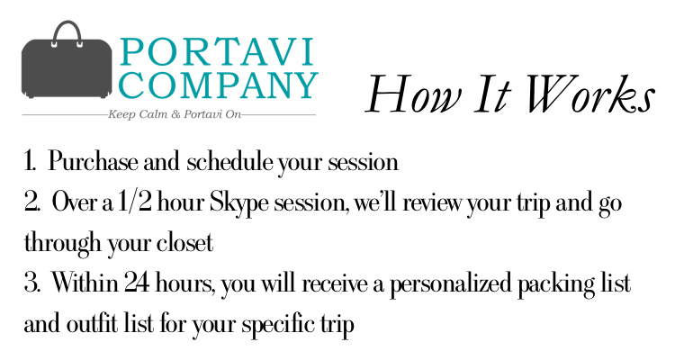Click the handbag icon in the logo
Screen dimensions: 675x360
[67, 60]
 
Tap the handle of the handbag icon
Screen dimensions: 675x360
[67, 27]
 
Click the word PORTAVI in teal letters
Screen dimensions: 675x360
[217, 52]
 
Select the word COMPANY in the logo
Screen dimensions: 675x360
[218, 85]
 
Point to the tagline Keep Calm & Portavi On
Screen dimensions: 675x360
[174, 114]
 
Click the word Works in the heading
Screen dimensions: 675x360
[589, 94]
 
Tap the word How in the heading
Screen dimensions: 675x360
[414, 94]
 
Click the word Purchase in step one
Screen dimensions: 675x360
[94, 162]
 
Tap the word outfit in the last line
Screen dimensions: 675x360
[91, 324]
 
